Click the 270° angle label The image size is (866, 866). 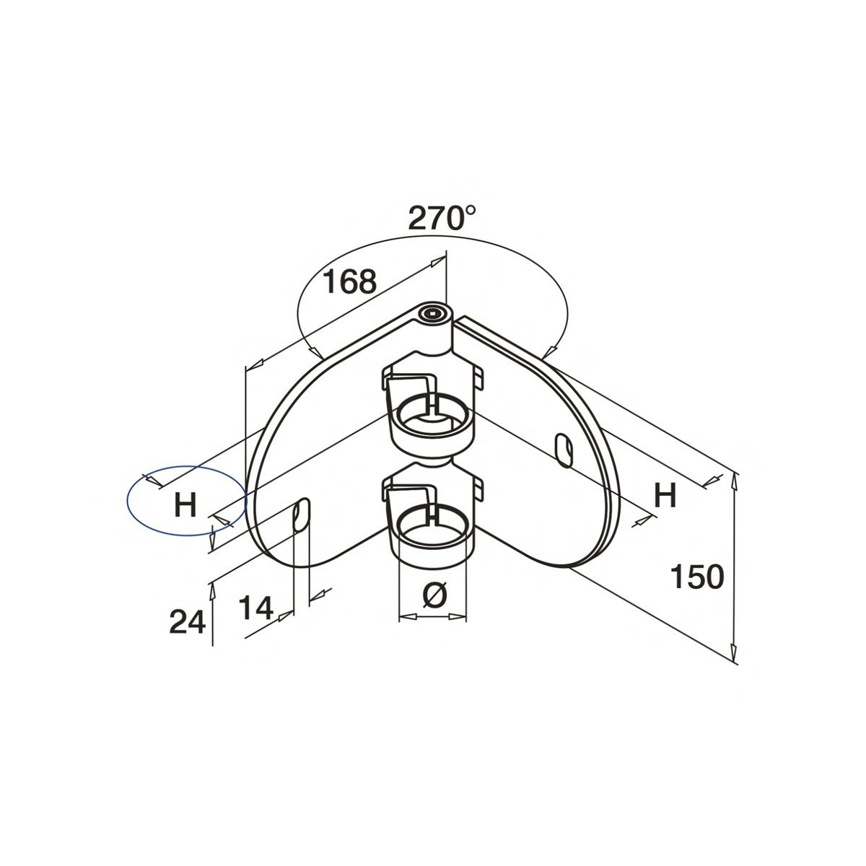pyautogui.click(x=442, y=217)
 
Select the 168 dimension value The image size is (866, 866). pyautogui.click(x=349, y=282)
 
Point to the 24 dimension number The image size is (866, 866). pyautogui.click(x=188, y=621)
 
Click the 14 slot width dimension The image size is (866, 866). pyautogui.click(x=256, y=609)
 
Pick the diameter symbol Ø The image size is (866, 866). pyautogui.click(x=432, y=596)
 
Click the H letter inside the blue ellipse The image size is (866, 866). pyautogui.click(x=185, y=504)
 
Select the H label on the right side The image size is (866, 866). pyautogui.click(x=665, y=496)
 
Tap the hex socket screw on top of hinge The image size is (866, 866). pyautogui.click(x=433, y=312)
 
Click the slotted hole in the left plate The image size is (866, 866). pyautogui.click(x=301, y=513)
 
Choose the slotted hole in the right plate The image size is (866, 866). pyautogui.click(x=564, y=450)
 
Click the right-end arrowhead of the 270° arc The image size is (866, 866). pyautogui.click(x=549, y=352)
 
